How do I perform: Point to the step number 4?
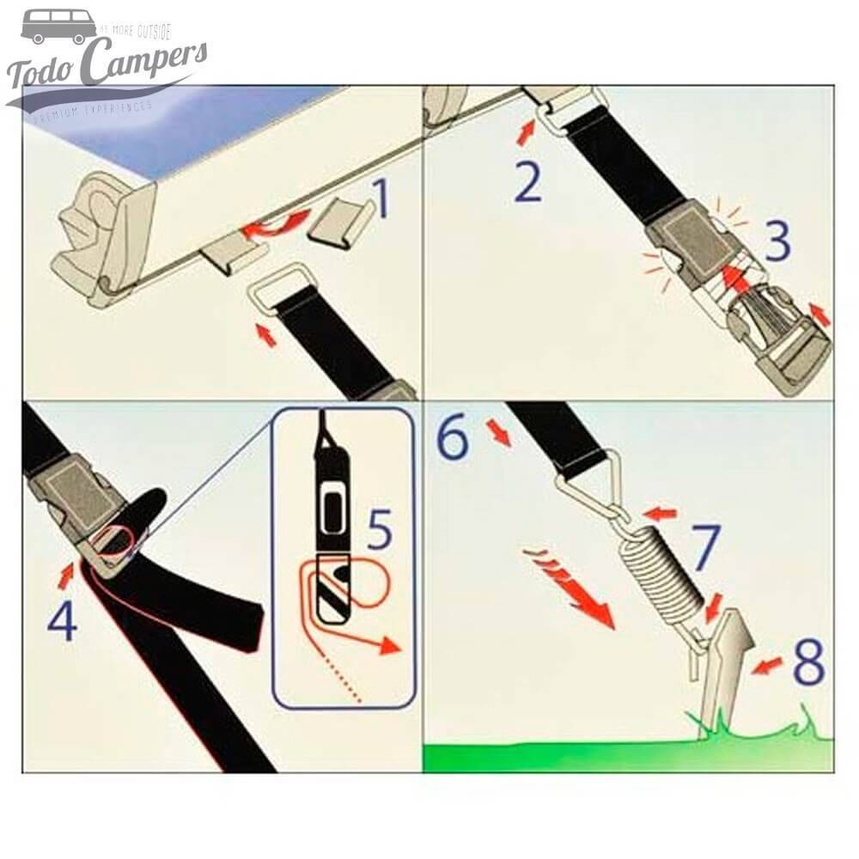pyautogui.click(x=62, y=622)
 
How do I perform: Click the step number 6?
pyautogui.click(x=452, y=438)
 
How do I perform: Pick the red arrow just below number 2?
pyautogui.click(x=523, y=132)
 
